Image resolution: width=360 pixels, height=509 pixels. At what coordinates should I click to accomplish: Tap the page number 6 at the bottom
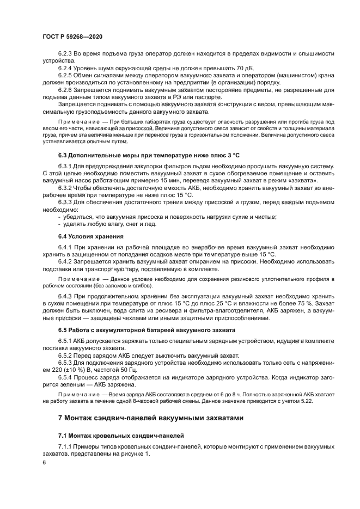tap(44, 462)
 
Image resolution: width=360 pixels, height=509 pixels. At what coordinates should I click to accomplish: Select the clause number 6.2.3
tap(66, 53)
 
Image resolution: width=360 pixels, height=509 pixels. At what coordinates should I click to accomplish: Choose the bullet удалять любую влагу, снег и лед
tap(109, 223)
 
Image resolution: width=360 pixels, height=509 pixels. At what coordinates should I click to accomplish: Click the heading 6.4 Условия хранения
tap(90, 236)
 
